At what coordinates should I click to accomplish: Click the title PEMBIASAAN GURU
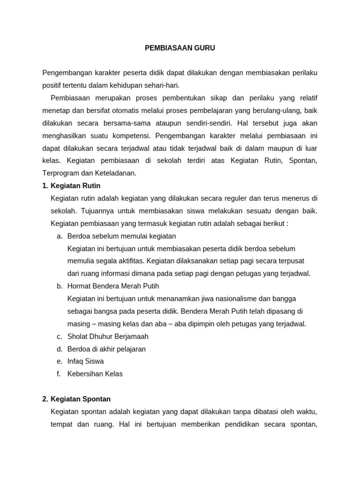click(180, 48)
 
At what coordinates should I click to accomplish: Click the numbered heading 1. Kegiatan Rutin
click(71, 186)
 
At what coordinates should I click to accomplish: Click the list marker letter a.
click(60, 236)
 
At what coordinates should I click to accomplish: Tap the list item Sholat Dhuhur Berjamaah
click(108, 337)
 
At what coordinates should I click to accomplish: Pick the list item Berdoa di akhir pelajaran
click(106, 349)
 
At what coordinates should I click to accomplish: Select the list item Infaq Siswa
click(86, 361)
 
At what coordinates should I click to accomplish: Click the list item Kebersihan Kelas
click(95, 374)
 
